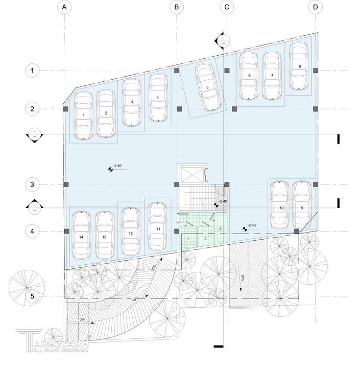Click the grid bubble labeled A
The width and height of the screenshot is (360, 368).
[x=64, y=7]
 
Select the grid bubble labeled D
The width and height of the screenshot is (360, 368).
[x=316, y=7]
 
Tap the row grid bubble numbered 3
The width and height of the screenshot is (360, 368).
[x=32, y=184]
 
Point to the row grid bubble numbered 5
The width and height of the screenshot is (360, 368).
[x=32, y=296]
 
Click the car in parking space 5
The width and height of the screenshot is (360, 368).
[x=207, y=87]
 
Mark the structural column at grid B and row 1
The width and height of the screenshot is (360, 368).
[x=176, y=70]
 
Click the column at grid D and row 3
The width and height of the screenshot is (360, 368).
[x=316, y=184]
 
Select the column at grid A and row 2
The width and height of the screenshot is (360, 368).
[x=65, y=109]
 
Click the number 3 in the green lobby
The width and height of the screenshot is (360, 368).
[x=221, y=228]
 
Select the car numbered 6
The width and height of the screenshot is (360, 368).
[x=249, y=76]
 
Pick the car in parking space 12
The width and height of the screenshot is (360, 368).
[x=131, y=233]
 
